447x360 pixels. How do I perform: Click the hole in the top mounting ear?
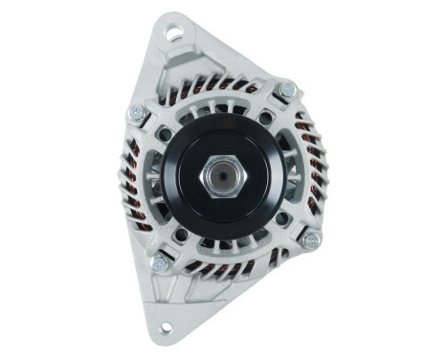[173, 34]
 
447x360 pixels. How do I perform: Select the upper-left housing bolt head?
[137, 114]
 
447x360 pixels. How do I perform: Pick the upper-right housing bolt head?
[287, 90]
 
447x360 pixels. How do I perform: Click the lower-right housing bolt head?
[311, 240]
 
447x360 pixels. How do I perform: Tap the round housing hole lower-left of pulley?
[181, 235]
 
